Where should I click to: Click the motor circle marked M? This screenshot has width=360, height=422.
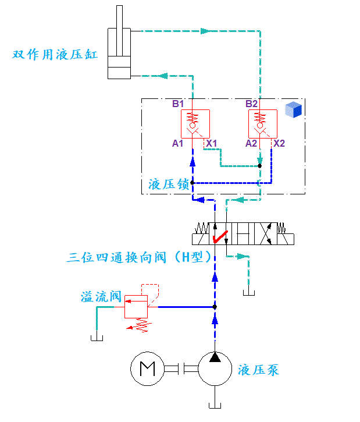147,368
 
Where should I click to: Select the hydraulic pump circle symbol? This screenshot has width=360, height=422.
215,368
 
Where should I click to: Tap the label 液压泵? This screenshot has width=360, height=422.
259,369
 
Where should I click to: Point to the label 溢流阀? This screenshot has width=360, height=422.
101,297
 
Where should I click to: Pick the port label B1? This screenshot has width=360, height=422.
178,104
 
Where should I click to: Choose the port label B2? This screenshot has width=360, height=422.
252,104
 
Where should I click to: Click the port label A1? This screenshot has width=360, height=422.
178,143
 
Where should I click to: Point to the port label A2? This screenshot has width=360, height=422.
251,143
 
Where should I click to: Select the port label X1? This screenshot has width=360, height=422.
211,143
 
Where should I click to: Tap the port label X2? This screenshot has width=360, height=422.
279,143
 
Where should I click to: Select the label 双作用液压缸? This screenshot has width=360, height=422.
55,55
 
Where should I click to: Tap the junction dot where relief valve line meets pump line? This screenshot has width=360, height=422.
215,307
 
